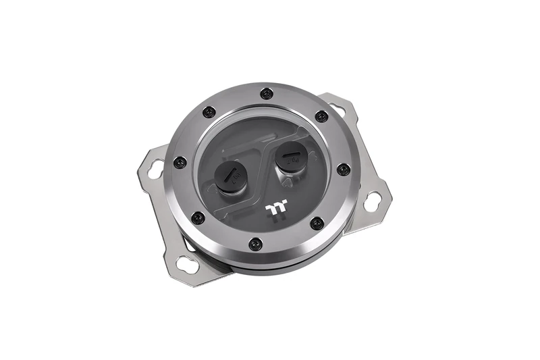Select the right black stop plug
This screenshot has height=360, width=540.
click(291, 160)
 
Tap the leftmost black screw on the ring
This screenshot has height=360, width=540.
click(180, 162)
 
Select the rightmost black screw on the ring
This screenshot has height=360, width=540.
click(343, 169)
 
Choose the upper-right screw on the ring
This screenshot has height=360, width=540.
click(321, 116)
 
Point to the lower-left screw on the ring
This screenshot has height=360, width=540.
click(198, 217)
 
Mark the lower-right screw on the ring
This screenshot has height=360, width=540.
click(315, 222)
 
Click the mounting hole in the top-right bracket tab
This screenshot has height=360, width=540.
click(337, 108)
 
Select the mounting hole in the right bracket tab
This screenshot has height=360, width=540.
click(371, 200)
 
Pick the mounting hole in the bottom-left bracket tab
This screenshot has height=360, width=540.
click(189, 263)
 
